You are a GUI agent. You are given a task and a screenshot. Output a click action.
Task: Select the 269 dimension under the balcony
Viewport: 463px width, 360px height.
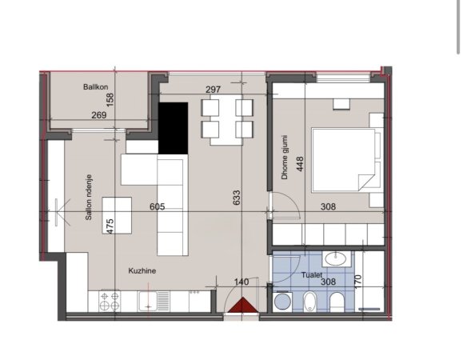98,116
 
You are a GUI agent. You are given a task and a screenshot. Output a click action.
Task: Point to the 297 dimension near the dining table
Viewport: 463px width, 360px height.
212,90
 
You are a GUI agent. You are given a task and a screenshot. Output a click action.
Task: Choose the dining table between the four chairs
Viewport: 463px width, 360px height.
226,119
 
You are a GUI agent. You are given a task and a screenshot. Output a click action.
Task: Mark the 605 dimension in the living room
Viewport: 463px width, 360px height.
158,206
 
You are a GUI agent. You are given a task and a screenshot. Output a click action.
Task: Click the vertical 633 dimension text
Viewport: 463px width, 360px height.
236,198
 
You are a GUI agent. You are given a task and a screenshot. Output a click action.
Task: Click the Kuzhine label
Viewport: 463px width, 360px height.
141,272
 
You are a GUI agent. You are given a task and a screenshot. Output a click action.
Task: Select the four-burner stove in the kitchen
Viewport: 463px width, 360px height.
109,301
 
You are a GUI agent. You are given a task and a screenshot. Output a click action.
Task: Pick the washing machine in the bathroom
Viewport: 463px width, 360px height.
282,302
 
